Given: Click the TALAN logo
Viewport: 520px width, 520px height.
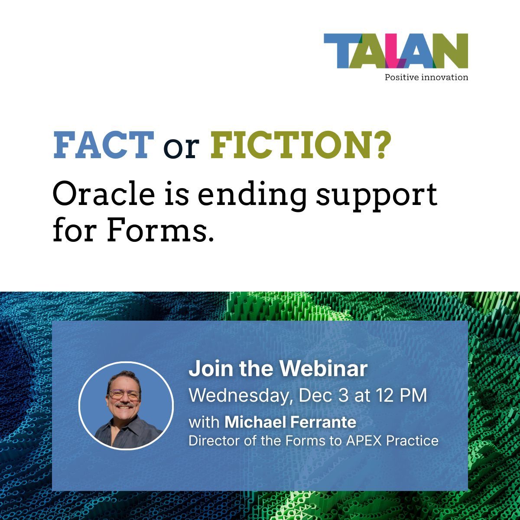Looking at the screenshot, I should tap(396, 51).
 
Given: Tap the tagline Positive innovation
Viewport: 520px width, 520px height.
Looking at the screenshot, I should tap(426, 78).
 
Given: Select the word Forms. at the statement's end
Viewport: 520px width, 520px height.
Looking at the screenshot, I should tap(160, 232).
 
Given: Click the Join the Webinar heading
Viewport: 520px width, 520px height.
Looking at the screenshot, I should tap(278, 369).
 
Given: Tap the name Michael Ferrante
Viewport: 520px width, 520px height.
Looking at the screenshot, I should tap(290, 422).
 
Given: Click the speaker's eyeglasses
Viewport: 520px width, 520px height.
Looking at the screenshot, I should tap(124, 395).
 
